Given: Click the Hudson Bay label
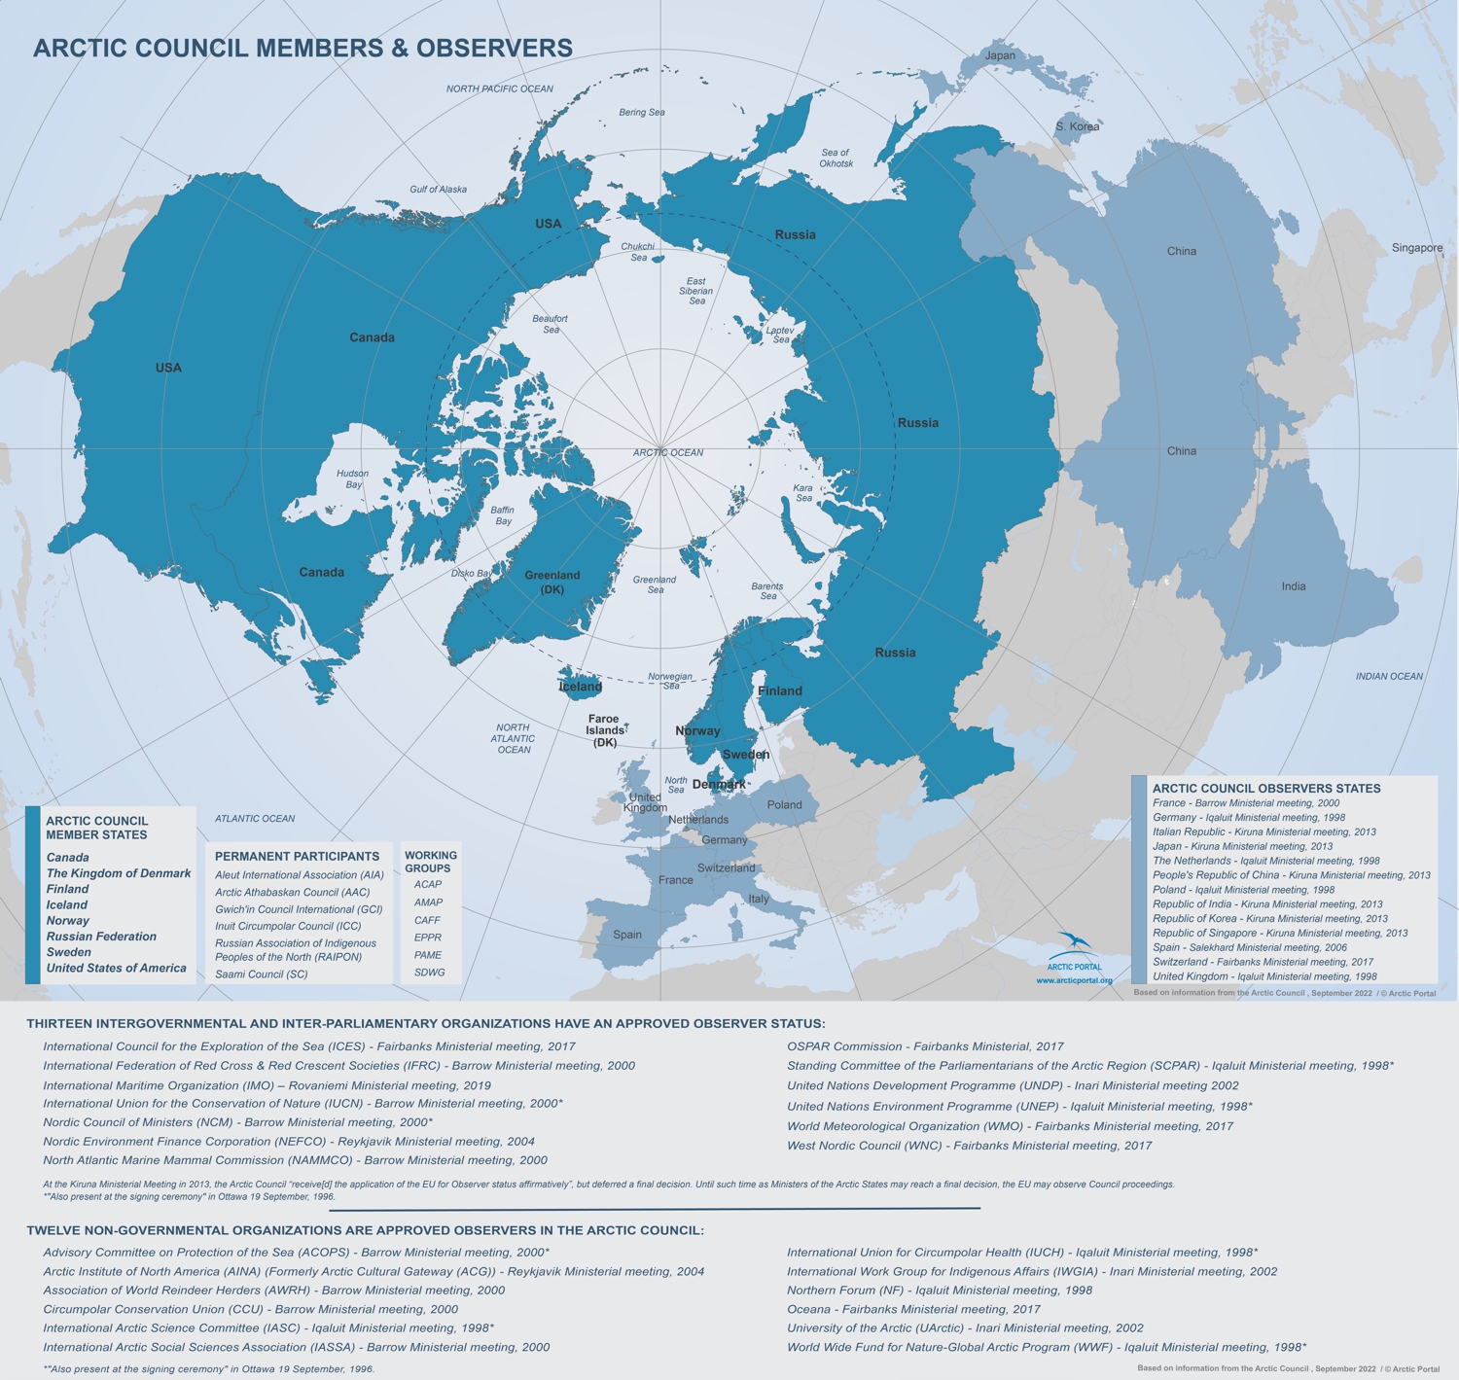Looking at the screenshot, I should pos(352,478).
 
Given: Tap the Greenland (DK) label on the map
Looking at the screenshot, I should pos(552,582).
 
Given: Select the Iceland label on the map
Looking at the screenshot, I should pos(581,687).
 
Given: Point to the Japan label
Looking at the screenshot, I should pos(1000,55).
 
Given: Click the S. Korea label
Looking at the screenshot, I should pos(1078,126).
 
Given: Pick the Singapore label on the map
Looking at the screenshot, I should pos(1417,248).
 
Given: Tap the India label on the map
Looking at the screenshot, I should pos(1294,586).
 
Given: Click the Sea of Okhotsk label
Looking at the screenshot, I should pos(836,158).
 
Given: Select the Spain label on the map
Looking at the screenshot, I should pos(627,935).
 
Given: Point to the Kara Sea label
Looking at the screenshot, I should pos(803,493).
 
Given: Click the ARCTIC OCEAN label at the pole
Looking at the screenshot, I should pos(667,452).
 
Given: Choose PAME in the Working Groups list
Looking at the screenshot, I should pos(428,955).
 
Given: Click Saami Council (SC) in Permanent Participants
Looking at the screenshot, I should pos(262,973).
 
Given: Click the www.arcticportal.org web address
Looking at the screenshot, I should pos(1074,980).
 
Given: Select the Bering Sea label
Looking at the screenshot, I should pos(642,113).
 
